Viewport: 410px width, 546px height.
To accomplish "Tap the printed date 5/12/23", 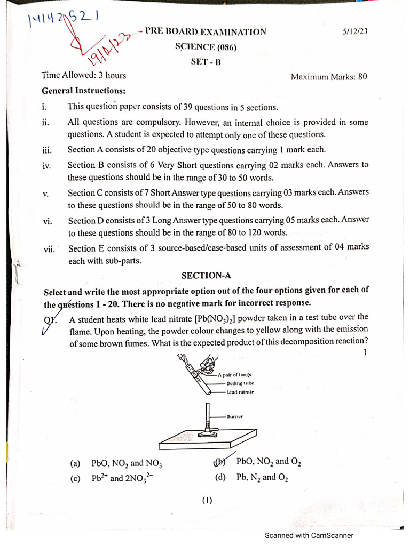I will point(355,31).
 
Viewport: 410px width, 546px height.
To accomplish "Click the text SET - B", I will point(206,61).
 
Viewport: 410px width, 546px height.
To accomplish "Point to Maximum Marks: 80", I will point(329,76).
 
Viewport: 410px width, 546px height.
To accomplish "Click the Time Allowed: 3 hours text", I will point(84,75).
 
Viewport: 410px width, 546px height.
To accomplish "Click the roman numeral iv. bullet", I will point(46,166).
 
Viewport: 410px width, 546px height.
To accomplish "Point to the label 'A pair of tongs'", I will point(234,375).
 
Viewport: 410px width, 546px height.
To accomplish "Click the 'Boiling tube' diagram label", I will point(240,383).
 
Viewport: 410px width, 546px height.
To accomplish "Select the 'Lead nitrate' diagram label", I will point(240,392).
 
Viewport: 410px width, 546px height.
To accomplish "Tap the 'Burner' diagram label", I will point(235,416).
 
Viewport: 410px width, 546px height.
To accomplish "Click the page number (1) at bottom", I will point(207,500).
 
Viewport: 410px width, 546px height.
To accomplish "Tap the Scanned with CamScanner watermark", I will point(309,535).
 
